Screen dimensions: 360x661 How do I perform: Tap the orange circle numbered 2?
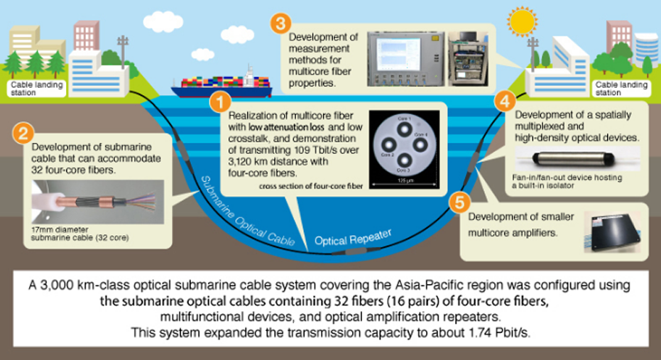23,132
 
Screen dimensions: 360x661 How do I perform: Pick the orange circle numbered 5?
461,203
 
